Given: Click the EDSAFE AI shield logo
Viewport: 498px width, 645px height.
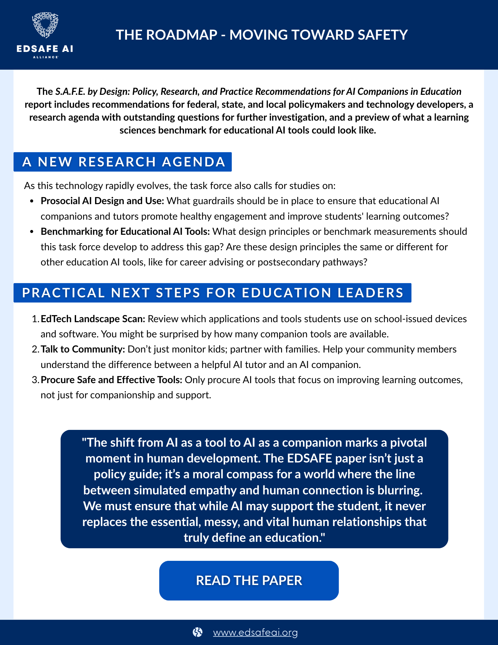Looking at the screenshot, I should [45, 26].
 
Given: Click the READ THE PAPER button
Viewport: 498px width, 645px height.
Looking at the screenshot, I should [249, 580].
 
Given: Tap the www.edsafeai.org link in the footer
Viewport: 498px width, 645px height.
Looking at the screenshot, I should [255, 632].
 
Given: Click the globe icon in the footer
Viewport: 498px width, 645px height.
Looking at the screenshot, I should [197, 632].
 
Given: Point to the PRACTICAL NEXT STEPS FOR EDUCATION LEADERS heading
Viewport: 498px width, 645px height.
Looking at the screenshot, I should [212, 293].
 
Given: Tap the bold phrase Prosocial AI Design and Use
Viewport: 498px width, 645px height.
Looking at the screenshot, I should [102, 201].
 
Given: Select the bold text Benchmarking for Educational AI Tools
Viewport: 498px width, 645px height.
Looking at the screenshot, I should [125, 232].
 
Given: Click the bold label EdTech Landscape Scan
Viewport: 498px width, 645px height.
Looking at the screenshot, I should [93, 319].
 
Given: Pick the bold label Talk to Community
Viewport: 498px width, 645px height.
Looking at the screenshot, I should [83, 349].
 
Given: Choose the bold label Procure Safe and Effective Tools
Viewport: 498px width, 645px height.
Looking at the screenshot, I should [112, 380].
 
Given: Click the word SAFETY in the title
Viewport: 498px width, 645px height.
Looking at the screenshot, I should [382, 35].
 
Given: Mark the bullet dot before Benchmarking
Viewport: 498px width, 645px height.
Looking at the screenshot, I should [32, 232].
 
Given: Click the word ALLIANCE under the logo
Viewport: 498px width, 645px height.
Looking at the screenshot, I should [45, 57].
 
